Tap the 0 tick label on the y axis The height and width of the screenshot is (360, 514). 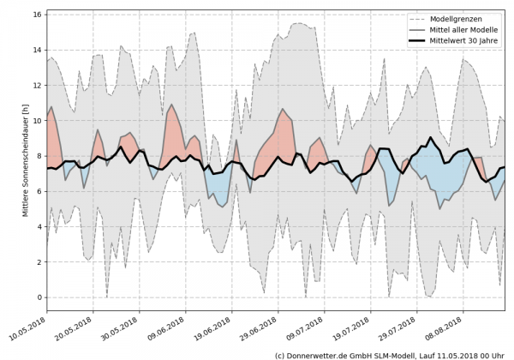[x=39, y=297]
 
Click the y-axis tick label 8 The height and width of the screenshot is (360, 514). [x=39, y=156]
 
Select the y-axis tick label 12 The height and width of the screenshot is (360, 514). [x=37, y=86]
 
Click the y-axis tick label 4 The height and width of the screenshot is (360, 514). [x=39, y=227]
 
